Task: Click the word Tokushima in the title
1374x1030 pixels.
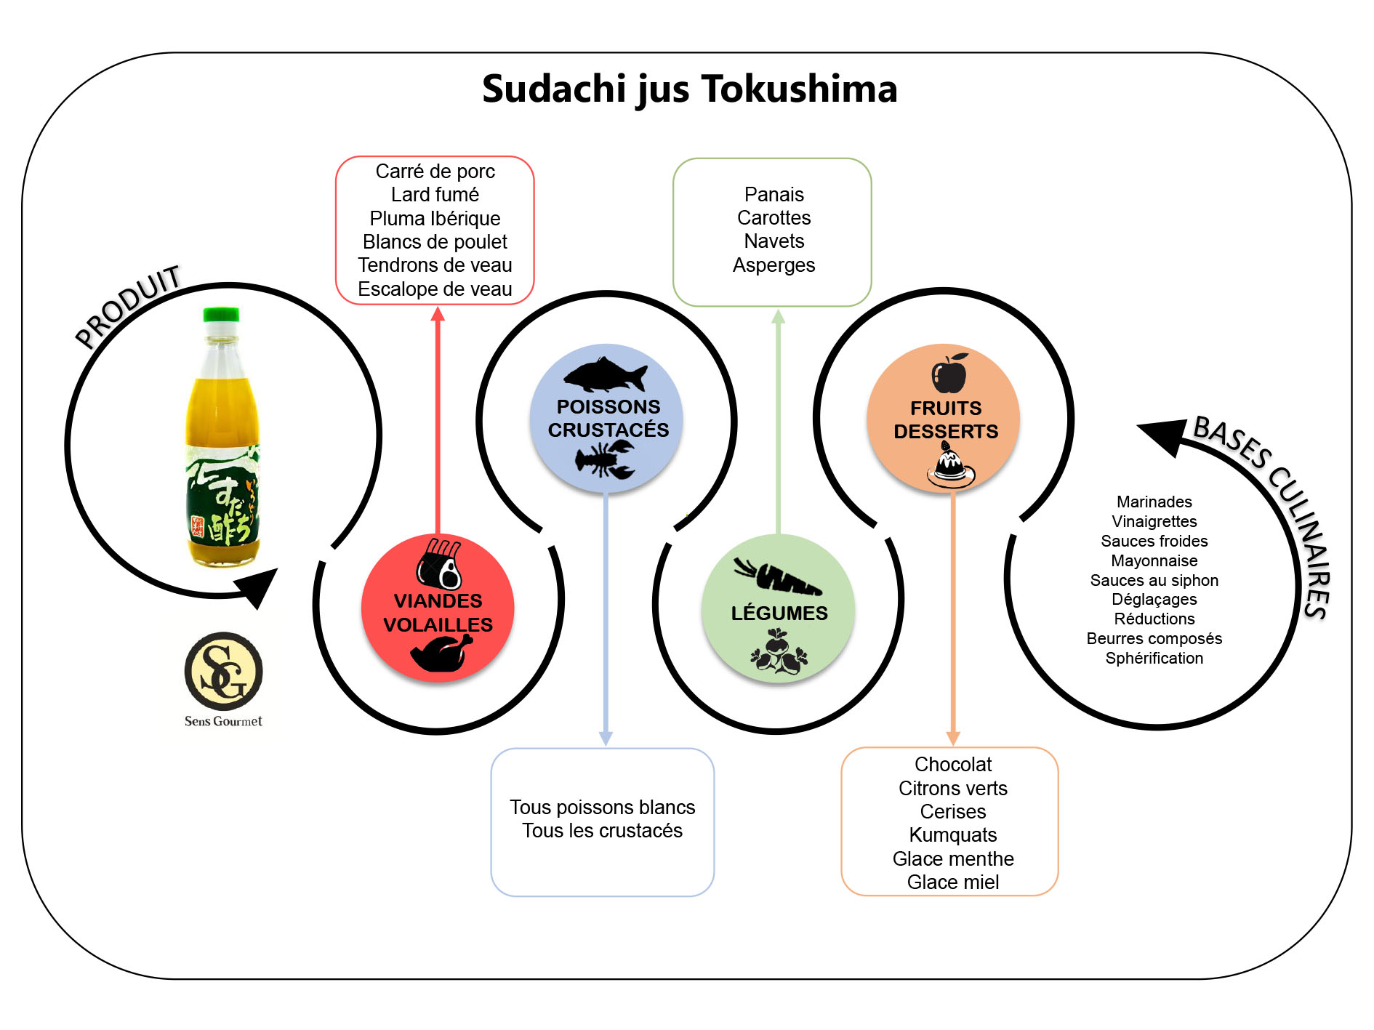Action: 799,89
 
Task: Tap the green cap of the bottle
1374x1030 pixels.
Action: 221,315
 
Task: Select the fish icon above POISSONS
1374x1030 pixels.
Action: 605,375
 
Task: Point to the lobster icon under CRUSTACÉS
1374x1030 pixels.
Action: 605,460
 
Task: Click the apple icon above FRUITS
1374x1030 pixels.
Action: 949,374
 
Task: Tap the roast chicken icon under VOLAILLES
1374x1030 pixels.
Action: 441,653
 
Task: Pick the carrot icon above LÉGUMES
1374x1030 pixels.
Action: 777,577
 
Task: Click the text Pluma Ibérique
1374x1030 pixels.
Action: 435,219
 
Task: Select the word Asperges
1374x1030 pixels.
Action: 774,265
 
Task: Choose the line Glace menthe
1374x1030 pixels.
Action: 953,859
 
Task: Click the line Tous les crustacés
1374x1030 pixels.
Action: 602,831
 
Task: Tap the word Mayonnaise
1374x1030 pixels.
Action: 1154,561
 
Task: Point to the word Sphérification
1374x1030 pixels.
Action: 1154,659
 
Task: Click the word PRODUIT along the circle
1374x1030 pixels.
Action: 129,306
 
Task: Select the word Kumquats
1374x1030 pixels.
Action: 953,835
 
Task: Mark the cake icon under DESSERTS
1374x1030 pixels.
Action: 949,464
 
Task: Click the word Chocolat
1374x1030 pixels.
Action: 953,765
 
